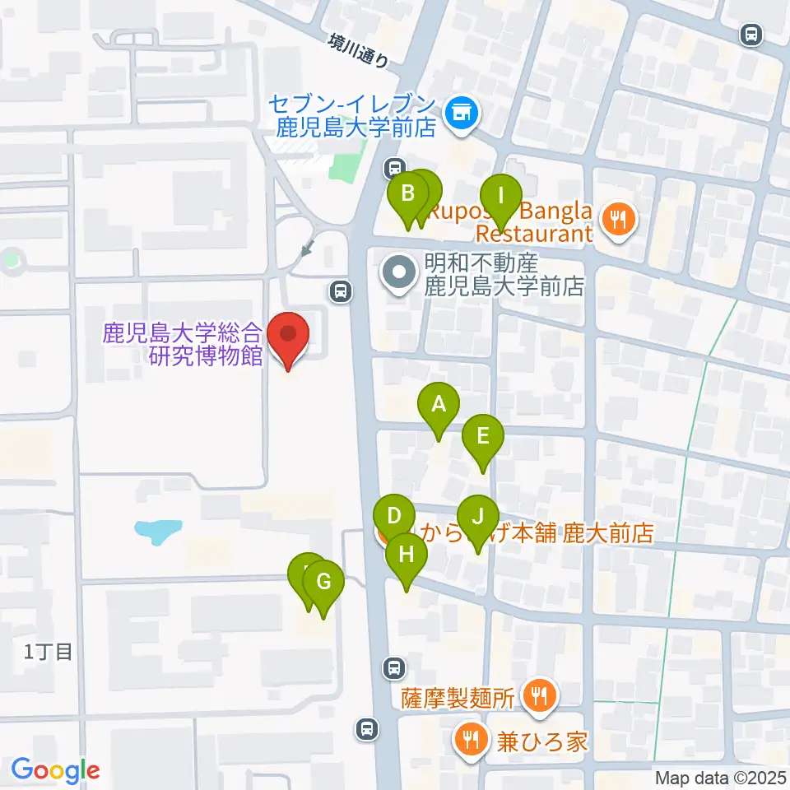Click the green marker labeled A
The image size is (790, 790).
439,405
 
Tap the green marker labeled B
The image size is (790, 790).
407,195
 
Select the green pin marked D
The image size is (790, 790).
393,518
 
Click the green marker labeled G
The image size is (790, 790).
323,583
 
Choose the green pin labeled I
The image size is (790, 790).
500,197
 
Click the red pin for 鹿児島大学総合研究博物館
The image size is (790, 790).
289,336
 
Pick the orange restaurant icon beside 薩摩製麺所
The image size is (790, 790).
540,697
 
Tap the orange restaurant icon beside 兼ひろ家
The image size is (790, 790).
470,739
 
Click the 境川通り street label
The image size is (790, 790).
357,49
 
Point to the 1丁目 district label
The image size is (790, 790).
49,653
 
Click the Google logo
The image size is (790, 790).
56,770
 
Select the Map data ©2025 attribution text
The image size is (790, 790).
721,777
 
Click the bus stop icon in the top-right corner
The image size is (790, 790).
750,34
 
